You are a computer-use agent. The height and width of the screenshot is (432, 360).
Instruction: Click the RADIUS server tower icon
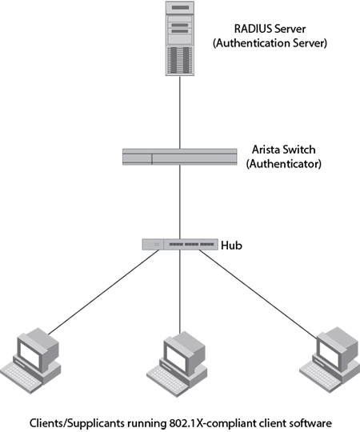point(179,38)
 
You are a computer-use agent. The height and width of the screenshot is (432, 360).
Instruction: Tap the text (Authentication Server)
point(270,43)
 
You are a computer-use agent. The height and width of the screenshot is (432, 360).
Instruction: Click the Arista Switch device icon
point(179,157)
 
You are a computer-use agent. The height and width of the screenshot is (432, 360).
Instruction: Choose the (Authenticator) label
point(284,164)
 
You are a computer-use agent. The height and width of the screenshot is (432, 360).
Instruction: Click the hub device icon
point(180,244)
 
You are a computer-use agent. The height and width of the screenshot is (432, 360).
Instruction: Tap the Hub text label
point(232,245)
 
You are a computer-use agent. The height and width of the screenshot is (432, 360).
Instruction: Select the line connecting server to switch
point(180,113)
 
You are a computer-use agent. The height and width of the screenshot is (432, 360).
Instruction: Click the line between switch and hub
point(180,202)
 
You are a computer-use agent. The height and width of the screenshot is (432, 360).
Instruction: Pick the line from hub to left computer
point(104,292)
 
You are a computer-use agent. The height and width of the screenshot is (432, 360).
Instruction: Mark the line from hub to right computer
point(258,294)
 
